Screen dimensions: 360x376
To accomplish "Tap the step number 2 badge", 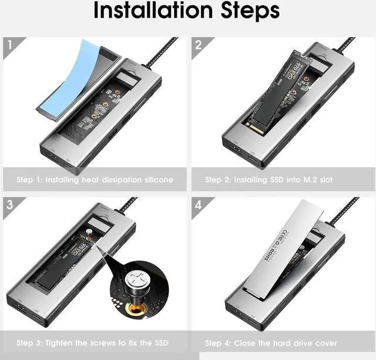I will click(198, 44).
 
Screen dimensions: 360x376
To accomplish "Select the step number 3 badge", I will click(9, 205).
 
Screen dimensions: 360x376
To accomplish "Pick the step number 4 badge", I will click(198, 205).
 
